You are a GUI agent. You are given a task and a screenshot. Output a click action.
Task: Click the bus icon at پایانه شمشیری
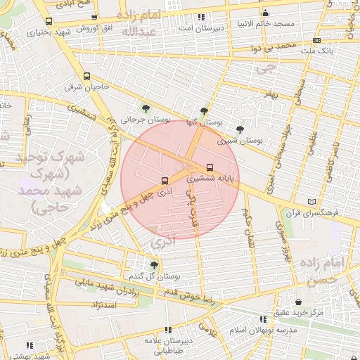point(210,167)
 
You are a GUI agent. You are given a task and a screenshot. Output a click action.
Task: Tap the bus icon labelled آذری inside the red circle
point(164,180)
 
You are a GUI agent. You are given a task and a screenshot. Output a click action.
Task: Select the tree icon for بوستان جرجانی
point(145,108)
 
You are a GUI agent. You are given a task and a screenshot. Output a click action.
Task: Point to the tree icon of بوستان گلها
point(204,111)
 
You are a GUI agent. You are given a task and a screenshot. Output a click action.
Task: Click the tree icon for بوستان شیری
point(240,129)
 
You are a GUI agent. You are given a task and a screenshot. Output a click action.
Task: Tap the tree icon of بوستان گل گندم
point(153,265)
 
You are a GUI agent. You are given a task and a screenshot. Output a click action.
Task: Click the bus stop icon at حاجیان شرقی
point(86,77)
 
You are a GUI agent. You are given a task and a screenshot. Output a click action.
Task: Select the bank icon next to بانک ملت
point(316,40)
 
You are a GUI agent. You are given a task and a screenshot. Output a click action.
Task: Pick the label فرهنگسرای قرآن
point(312,212)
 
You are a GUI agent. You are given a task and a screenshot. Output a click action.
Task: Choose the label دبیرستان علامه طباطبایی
point(167,342)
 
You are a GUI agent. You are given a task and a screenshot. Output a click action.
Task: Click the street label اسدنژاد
point(103,304)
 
